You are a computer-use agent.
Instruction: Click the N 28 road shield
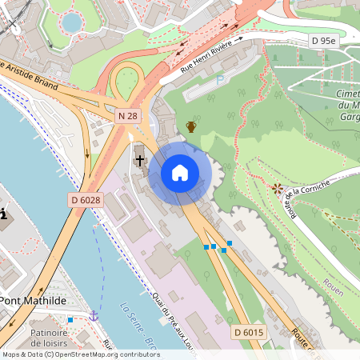(127, 117)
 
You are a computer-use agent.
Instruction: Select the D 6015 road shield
(250, 331)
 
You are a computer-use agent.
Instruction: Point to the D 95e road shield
(325, 40)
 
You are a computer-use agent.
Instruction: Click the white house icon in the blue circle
(180, 173)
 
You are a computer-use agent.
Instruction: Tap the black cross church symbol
(139, 160)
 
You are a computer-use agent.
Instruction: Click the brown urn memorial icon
(191, 126)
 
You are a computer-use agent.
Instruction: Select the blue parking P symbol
(220, 80)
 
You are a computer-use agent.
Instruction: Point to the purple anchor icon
(94, 316)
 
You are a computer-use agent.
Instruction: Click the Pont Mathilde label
(32, 301)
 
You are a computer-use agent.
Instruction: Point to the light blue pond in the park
(72, 22)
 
